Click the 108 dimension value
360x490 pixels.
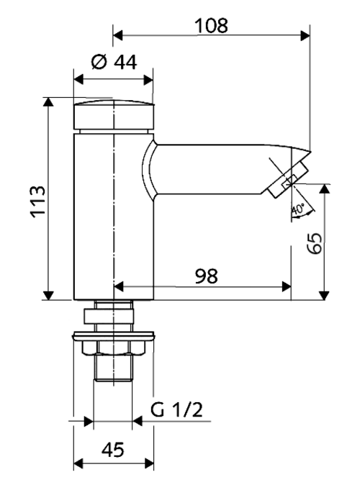(x=211, y=25)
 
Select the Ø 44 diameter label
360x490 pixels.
(x=114, y=62)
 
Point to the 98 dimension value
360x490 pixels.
(x=206, y=276)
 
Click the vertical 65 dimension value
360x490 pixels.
(x=314, y=242)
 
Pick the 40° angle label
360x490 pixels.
(x=298, y=209)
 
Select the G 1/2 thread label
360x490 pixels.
(x=176, y=409)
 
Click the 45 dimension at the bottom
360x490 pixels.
(x=113, y=450)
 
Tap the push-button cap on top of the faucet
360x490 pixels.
(x=114, y=114)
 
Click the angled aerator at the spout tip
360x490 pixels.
(x=288, y=180)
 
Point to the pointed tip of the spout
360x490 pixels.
(x=311, y=153)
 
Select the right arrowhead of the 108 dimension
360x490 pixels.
(x=305, y=35)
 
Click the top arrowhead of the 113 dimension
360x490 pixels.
(x=48, y=102)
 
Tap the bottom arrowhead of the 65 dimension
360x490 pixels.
(x=324, y=295)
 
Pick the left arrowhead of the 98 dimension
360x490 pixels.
(x=119, y=286)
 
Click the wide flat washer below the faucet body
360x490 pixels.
(x=114, y=336)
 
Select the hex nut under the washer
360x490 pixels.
(x=114, y=348)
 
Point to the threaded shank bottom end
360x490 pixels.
(x=113, y=380)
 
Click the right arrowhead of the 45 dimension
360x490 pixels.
(x=149, y=463)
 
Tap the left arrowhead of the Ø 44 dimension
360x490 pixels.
(x=78, y=80)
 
